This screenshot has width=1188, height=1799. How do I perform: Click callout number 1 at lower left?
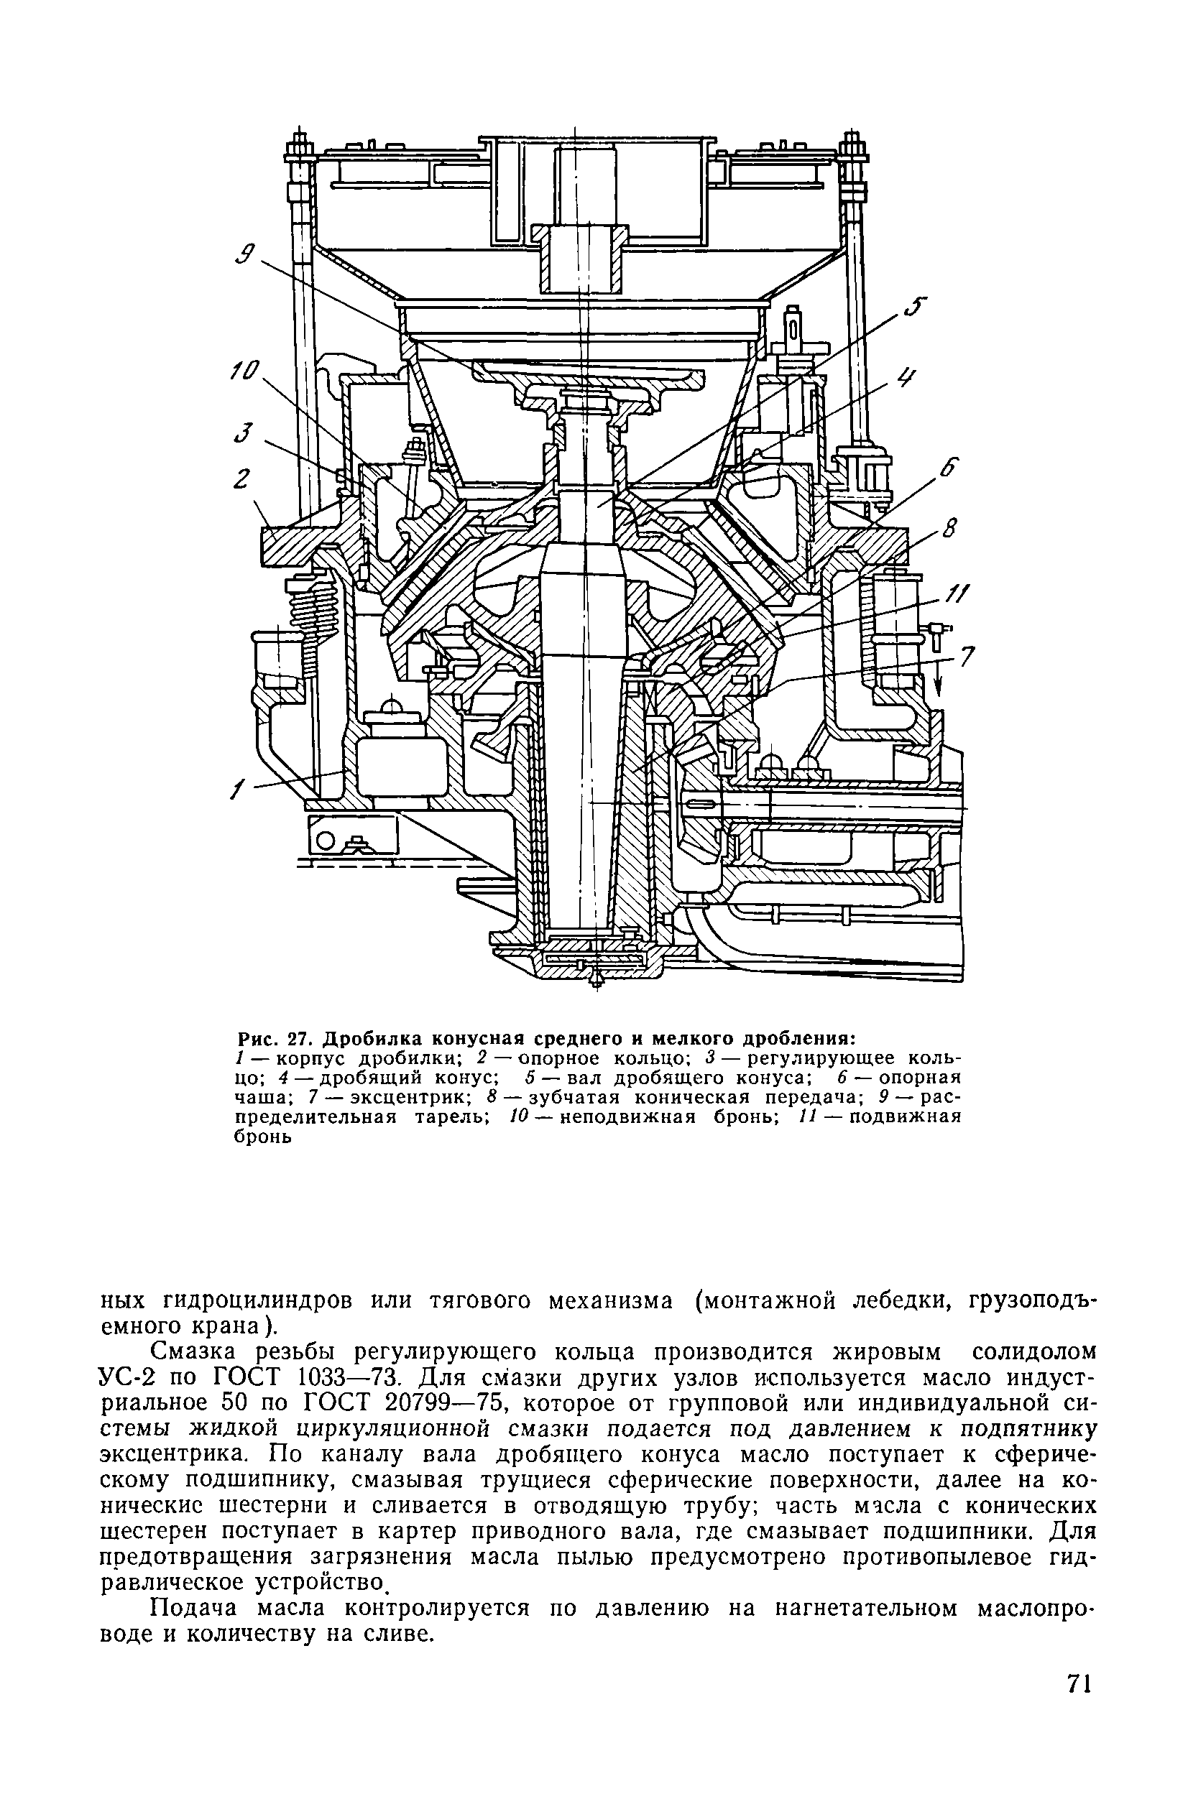(234, 792)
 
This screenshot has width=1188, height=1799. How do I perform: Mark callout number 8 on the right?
(951, 527)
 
